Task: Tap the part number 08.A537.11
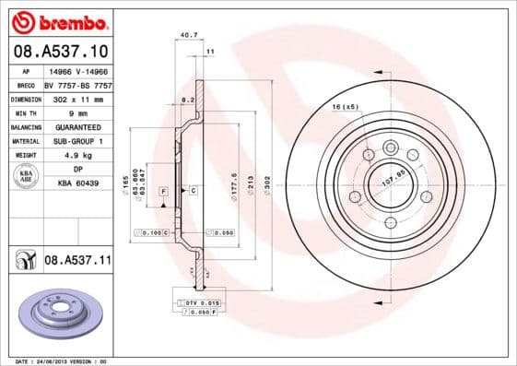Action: coord(77,261)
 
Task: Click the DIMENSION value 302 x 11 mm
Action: coord(77,99)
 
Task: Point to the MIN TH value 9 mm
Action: coord(77,112)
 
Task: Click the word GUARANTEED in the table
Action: coord(77,126)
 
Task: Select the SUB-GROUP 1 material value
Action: coord(77,141)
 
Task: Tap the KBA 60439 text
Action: coord(77,183)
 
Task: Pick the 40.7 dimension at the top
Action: coord(188,35)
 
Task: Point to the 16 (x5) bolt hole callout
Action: coord(345,107)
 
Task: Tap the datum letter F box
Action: coord(163,191)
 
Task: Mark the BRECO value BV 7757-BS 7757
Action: coord(77,84)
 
